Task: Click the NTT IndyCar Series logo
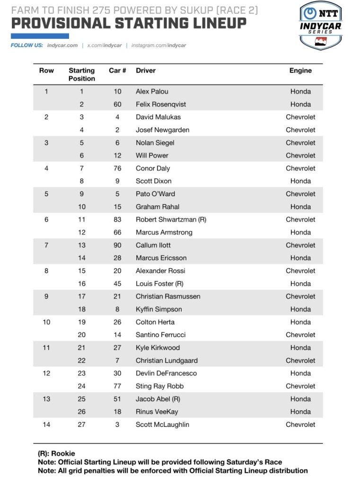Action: [321, 25]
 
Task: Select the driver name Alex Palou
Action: [152, 91]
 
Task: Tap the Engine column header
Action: [300, 70]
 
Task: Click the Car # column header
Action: [117, 70]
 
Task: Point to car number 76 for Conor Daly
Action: [117, 168]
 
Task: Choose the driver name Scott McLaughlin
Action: [162, 424]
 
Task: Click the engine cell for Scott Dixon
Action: [300, 181]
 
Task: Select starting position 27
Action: [81, 424]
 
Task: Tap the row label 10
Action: [46, 322]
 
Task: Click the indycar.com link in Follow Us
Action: [62, 45]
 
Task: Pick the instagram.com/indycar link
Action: [158, 45]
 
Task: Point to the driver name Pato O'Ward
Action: [156, 194]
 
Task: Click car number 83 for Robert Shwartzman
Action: [117, 219]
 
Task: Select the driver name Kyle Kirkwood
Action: [158, 347]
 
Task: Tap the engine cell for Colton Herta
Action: [300, 322]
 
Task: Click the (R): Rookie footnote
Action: [56, 453]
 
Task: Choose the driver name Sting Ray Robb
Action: [159, 386]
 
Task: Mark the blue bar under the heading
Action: [40, 36]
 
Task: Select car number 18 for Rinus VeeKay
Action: [117, 412]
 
